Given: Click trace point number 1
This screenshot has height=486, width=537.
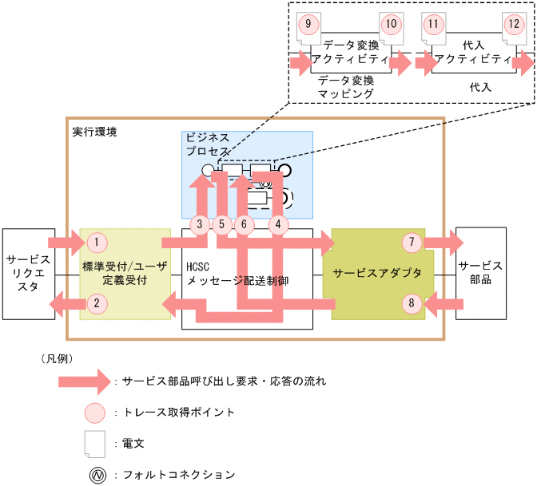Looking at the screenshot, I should (96, 241).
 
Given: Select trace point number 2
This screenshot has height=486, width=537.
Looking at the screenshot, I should (96, 302).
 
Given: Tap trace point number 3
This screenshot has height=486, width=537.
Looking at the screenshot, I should (202, 224).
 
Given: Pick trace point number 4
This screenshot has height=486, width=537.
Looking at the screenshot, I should (277, 224).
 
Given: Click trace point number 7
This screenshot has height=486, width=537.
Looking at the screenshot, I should (411, 241).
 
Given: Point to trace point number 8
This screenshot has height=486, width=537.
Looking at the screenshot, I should (411, 302).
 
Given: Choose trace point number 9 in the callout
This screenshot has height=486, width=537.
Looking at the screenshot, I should (308, 24).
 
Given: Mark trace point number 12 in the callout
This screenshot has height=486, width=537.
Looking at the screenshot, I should (512, 24).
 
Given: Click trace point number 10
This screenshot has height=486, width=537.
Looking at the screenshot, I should (390, 24).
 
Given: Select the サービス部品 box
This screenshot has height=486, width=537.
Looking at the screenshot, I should (480, 273).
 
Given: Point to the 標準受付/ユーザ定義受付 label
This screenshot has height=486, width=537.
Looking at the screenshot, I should (125, 273).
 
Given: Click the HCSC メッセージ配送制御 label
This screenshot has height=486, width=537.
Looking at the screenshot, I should (236, 273).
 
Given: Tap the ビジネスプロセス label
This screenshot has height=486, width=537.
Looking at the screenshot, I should (208, 144).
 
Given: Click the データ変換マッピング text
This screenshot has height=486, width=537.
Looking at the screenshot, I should (345, 87).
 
